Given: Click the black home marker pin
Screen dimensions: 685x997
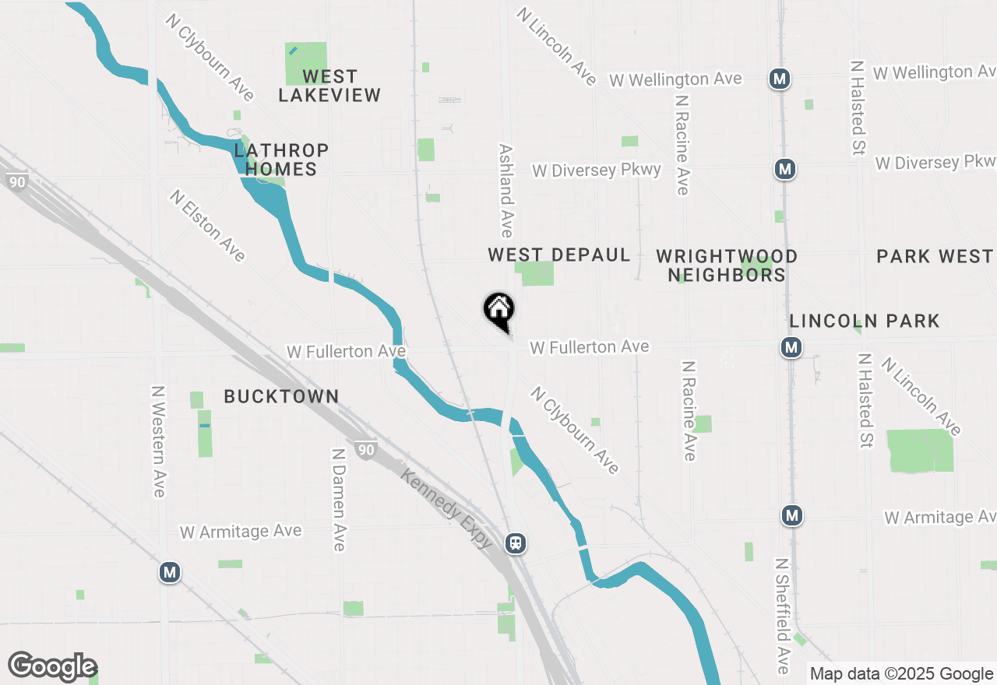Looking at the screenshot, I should click(498, 311).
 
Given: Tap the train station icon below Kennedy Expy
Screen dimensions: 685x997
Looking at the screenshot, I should click(515, 543).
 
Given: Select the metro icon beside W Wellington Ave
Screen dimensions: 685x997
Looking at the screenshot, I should click(780, 79).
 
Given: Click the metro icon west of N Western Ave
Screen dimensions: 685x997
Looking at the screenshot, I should click(169, 573).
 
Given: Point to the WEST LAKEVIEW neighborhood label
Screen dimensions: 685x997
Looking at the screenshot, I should click(329, 86).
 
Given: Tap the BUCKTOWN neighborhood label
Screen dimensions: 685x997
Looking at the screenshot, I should click(281, 396).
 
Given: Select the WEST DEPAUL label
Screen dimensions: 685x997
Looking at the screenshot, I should click(558, 255).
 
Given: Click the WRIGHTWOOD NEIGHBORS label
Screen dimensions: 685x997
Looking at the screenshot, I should click(727, 265).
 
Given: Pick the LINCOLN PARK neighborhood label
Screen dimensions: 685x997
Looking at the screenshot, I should click(865, 321).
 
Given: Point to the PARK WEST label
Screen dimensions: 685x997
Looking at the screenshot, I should click(934, 256).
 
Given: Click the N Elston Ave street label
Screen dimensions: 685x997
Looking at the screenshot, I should click(207, 226).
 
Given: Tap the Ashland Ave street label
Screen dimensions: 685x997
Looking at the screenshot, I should click(506, 191).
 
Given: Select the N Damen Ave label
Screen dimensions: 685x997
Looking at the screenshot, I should click(338, 499).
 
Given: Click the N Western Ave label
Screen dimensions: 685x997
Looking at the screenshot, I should click(158, 441).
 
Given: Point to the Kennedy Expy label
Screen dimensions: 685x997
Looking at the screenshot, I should click(446, 508).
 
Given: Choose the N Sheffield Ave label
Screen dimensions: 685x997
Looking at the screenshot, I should click(783, 615).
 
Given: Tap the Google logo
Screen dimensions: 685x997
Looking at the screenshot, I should click(53, 666).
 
